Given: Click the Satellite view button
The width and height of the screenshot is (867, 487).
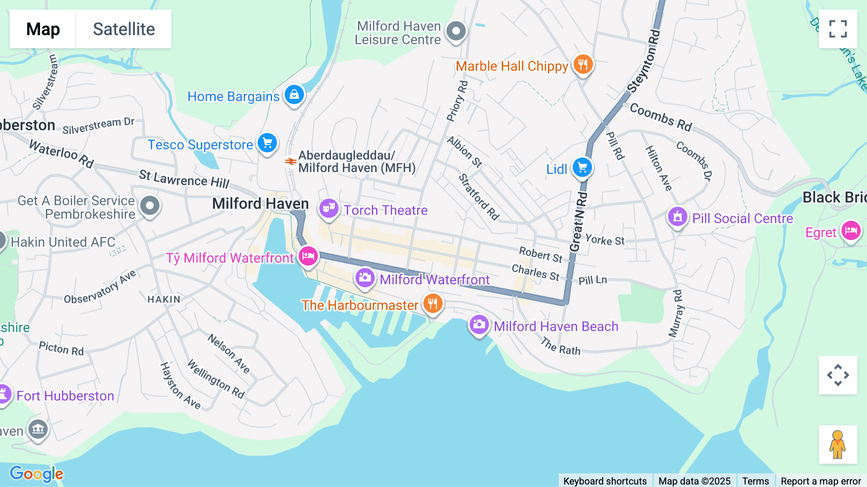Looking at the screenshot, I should (x=124, y=29).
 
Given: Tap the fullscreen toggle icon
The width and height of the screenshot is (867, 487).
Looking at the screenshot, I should (x=838, y=29).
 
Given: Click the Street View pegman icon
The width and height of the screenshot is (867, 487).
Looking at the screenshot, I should (x=838, y=444).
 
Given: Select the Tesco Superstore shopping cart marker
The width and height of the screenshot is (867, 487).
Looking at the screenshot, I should (x=267, y=143).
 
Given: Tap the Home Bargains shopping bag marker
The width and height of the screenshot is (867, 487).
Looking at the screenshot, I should (x=294, y=95).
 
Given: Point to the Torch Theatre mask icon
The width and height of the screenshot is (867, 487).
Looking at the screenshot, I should (x=328, y=208).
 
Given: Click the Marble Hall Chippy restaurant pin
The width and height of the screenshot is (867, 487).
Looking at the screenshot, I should (x=583, y=64).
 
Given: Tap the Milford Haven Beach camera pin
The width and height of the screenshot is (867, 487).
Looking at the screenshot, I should (x=479, y=325).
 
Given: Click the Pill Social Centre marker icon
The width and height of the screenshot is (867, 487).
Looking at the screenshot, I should (x=677, y=217).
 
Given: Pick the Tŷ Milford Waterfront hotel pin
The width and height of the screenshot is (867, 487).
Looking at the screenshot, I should (x=308, y=256).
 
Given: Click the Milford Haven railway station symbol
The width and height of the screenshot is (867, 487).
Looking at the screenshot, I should (x=290, y=162).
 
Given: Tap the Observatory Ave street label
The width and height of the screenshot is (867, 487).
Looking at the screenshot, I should (x=100, y=287).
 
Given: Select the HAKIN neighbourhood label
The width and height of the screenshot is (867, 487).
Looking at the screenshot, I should (x=164, y=299).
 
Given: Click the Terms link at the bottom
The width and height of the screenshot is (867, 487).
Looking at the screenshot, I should (x=755, y=481).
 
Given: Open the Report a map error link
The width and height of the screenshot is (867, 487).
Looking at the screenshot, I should (x=820, y=481).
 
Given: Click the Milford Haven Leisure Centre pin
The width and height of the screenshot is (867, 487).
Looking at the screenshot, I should (x=456, y=31).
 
